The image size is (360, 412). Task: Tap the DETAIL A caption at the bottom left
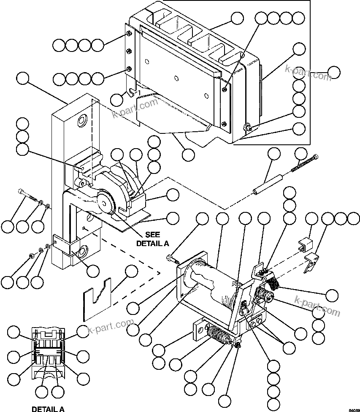coord(48,409)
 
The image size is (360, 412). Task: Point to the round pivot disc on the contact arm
coord(104,202)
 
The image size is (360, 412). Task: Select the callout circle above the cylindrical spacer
coord(274,154)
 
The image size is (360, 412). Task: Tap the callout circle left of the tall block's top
coord(22,79)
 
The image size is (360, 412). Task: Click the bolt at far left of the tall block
coord(27,196)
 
